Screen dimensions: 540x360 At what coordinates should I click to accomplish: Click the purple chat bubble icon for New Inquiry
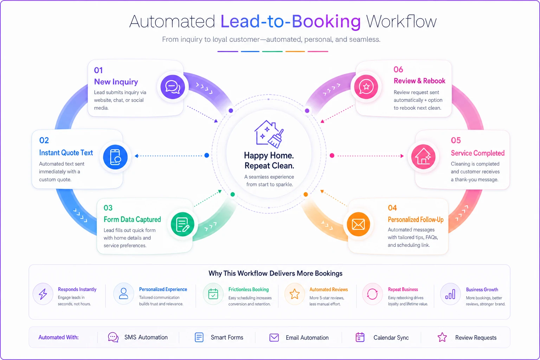pyautogui.click(x=173, y=87)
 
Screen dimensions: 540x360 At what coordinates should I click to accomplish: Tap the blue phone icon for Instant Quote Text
pyautogui.click(x=115, y=157)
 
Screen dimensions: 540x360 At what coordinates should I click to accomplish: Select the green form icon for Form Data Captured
pyautogui.click(x=182, y=224)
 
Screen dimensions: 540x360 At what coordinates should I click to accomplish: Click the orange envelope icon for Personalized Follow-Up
pyautogui.click(x=359, y=225)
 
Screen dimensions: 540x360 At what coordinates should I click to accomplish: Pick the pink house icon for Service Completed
pyautogui.click(x=423, y=157)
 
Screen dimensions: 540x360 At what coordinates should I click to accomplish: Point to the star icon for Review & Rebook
pyautogui.click(x=366, y=87)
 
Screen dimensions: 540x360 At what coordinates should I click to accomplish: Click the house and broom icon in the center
pyautogui.click(x=269, y=134)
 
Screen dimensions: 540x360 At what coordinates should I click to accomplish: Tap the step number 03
pyautogui.click(x=108, y=208)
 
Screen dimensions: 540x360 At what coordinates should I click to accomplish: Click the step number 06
pyautogui.click(x=398, y=70)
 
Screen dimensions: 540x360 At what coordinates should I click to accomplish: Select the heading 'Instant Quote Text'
pyautogui.click(x=66, y=153)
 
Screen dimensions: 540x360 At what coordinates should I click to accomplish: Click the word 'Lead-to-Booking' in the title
pyautogui.click(x=290, y=21)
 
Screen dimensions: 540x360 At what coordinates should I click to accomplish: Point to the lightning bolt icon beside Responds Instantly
pyautogui.click(x=43, y=294)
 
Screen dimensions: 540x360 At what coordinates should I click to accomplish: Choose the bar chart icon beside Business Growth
pyautogui.click(x=450, y=294)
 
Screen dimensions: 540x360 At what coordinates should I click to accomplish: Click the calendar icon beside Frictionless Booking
pyautogui.click(x=213, y=294)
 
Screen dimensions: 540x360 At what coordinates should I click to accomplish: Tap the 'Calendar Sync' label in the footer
pyautogui.click(x=391, y=337)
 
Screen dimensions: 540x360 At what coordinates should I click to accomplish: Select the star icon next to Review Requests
pyautogui.click(x=442, y=337)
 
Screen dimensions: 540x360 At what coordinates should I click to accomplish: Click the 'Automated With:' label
pyautogui.click(x=59, y=337)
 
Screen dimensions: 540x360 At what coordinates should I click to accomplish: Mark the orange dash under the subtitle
pyautogui.click(x=295, y=51)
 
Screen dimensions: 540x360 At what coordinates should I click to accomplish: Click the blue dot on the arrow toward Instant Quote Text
pyautogui.click(x=207, y=155)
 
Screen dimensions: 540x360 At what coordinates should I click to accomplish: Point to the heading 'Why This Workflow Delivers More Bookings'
pyautogui.click(x=275, y=274)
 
